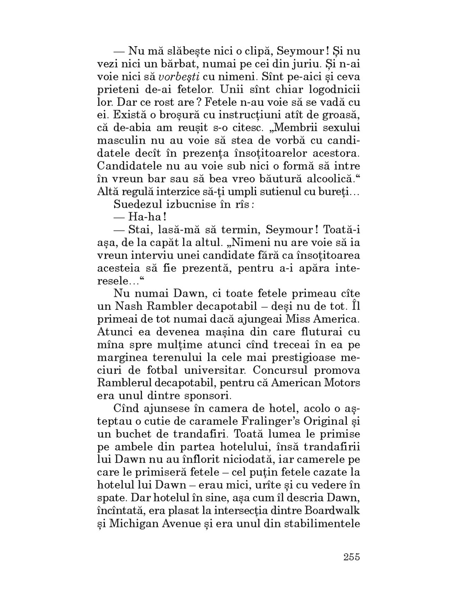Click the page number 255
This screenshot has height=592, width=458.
click(351, 557)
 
